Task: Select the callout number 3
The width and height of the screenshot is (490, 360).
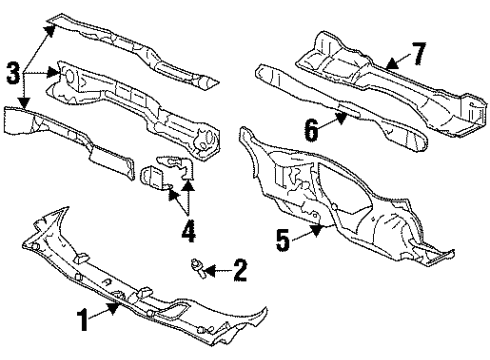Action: (x=12, y=72)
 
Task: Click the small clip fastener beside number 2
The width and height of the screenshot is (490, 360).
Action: (x=199, y=266)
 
